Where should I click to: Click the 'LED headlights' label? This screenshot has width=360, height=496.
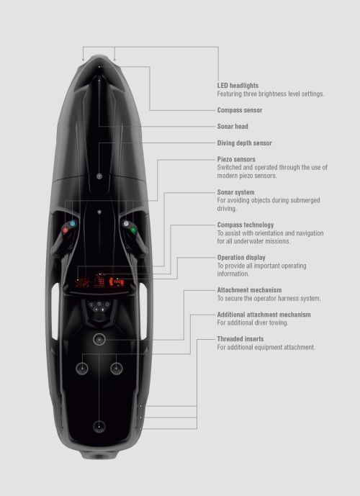(238, 86)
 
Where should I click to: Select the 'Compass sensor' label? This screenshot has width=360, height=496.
(240, 110)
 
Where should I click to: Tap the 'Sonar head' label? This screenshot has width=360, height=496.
(233, 126)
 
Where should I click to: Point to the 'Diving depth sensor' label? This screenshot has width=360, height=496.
(244, 143)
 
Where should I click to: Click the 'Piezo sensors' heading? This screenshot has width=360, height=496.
(236, 159)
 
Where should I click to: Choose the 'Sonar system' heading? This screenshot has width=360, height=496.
(235, 192)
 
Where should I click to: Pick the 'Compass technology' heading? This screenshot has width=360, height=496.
(246, 225)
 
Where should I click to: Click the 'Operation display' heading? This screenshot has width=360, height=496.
(241, 258)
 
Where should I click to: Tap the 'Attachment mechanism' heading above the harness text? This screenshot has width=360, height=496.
(249, 290)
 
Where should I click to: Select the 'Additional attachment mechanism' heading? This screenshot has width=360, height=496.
(264, 315)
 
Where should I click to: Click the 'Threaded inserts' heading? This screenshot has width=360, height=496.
(240, 339)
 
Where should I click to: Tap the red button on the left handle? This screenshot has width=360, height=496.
(66, 230)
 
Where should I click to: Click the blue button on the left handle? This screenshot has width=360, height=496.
(73, 224)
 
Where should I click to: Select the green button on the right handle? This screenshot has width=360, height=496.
(133, 230)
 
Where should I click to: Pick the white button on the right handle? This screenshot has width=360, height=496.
(126, 224)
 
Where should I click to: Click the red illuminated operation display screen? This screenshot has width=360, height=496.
(99, 281)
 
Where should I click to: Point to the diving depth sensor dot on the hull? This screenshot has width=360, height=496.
(99, 176)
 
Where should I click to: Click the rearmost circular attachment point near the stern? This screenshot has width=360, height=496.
(99, 426)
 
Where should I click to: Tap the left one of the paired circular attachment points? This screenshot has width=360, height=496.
(82, 368)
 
